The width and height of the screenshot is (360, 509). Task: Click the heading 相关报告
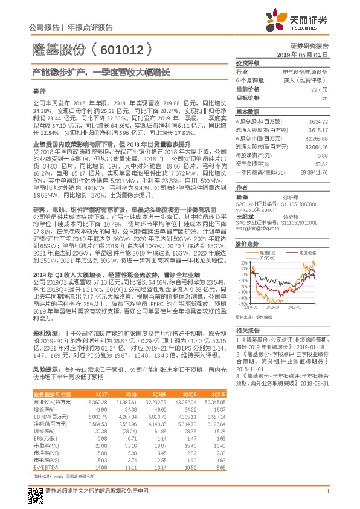248,331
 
